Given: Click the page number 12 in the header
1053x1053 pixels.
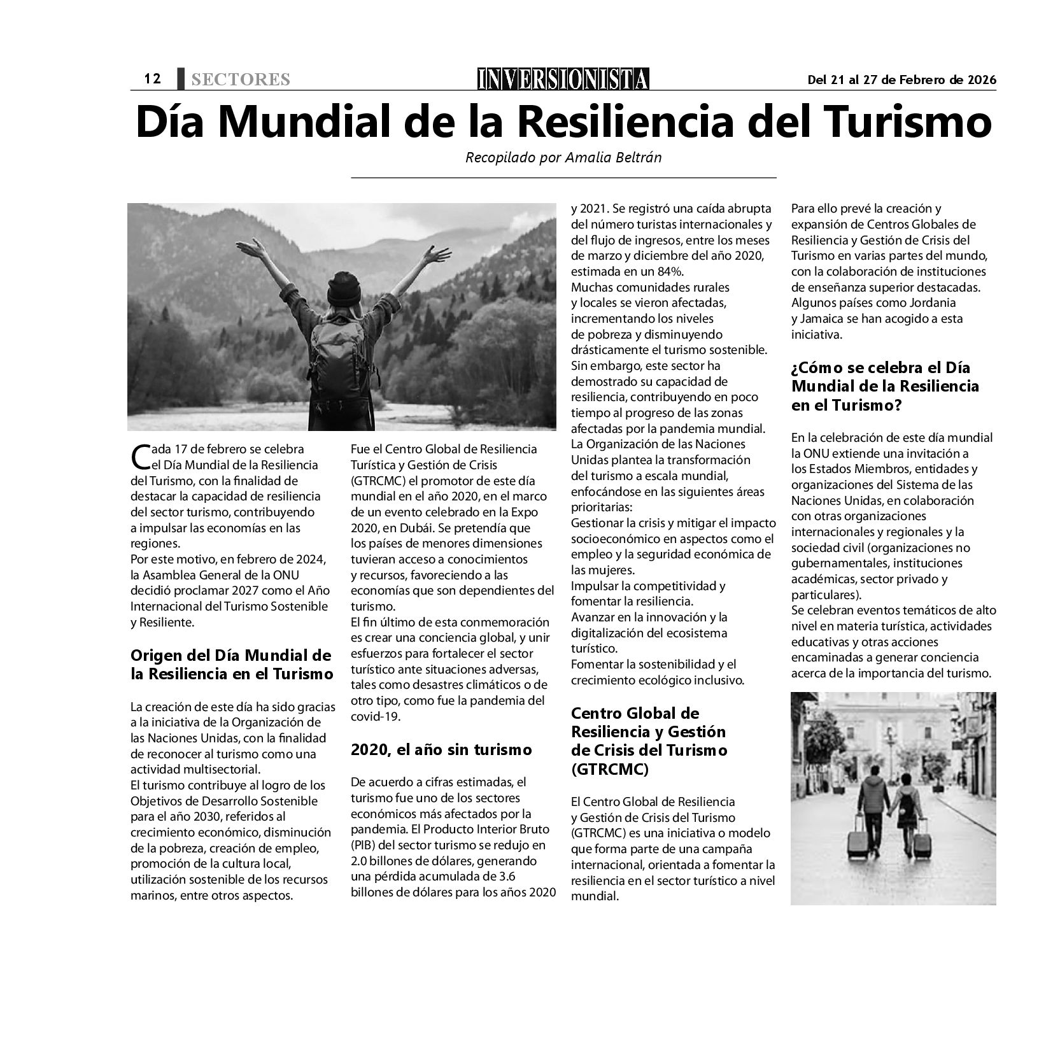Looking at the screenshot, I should coord(152,79).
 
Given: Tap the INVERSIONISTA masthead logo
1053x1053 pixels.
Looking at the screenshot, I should coord(563,79).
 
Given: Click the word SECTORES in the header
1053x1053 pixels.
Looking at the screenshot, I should coord(240,80).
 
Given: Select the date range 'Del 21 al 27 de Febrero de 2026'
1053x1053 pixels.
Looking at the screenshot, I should coord(901,80).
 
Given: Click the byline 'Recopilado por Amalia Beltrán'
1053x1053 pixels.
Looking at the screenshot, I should coord(563,157).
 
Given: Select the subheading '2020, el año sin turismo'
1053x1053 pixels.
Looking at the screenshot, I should coord(441,750).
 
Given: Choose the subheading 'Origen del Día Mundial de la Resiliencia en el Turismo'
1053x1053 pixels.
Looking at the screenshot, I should coord(232,664).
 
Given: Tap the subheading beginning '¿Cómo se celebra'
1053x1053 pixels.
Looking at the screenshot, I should coord(885,386).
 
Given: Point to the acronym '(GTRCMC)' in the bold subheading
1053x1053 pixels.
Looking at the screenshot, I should coord(609,769).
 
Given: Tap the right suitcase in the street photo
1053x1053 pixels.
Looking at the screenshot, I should coord(921,843).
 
